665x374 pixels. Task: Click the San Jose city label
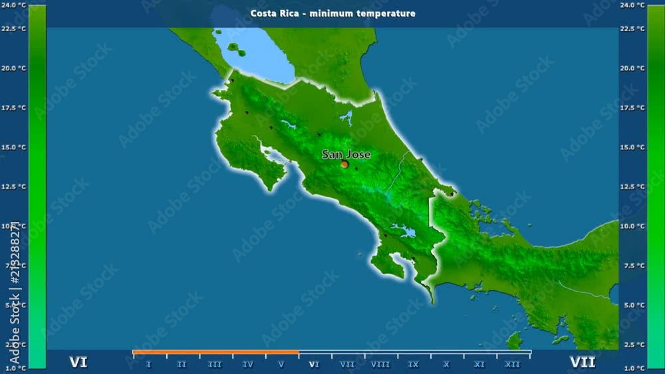tap(346, 154)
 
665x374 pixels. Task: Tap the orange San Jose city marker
tap(344, 163)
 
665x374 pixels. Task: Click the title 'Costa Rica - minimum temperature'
tap(332, 13)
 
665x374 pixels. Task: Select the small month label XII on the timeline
tap(513, 364)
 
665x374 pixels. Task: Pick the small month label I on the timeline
tap(148, 364)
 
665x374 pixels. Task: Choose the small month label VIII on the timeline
tap(380, 364)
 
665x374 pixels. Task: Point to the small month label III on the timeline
tap(215, 364)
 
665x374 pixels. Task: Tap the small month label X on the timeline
tap(446, 364)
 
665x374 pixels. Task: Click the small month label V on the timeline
tap(281, 364)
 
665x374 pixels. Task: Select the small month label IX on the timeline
tap(414, 364)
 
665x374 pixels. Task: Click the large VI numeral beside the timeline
tap(78, 363)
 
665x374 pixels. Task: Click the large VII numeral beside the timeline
tap(583, 363)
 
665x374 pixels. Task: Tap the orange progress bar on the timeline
tap(215, 352)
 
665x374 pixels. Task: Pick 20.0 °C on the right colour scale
tap(632, 68)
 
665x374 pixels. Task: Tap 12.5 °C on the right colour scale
tap(632, 187)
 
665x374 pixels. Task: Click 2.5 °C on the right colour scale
tap(632, 345)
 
